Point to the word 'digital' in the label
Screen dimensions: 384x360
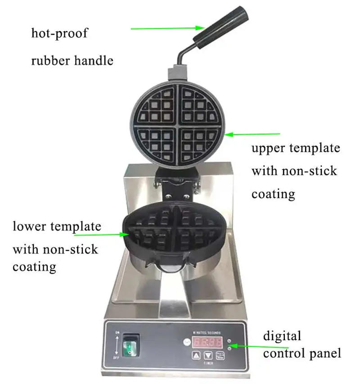click(x=282, y=336)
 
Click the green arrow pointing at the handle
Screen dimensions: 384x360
click(x=166, y=28)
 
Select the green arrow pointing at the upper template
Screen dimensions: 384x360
click(x=252, y=134)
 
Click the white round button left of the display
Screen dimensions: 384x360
click(x=186, y=342)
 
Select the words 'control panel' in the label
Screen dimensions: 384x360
click(x=302, y=353)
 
